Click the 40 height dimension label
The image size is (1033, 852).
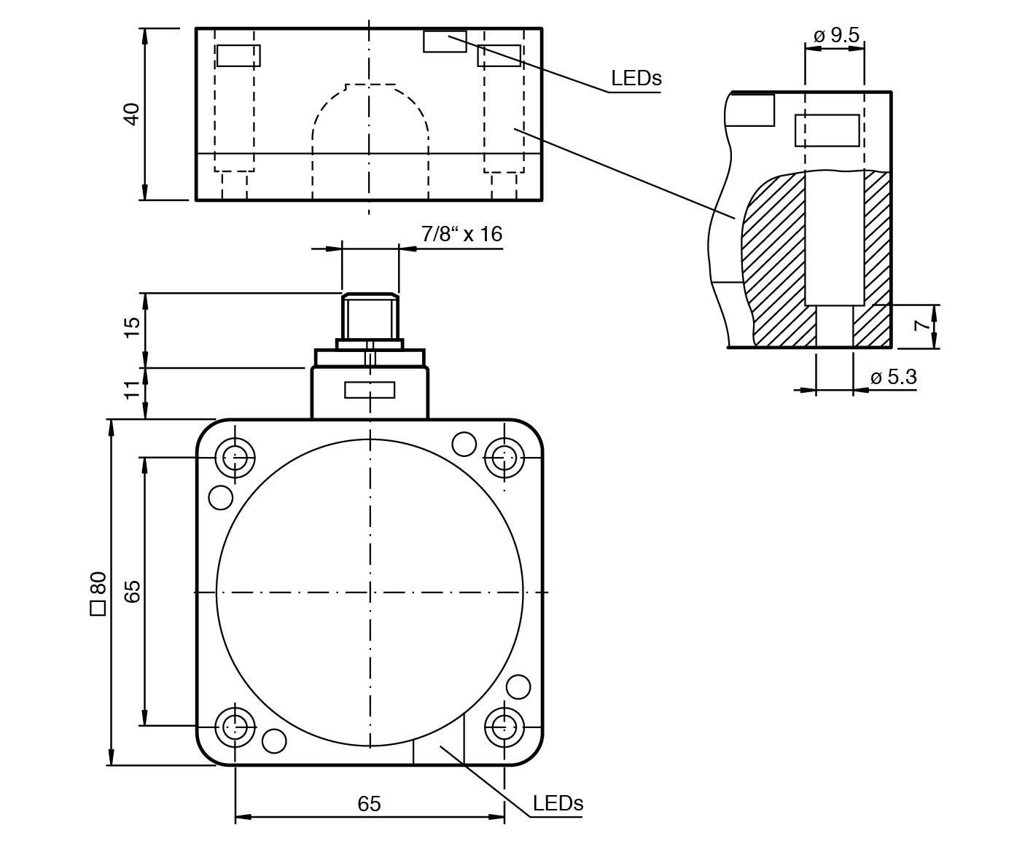132,114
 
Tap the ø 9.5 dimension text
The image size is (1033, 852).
835,35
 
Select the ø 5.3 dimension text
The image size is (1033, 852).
893,377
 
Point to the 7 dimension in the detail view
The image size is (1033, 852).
923,325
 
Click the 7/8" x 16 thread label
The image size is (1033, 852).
461,233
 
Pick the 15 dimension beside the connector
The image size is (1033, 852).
132,328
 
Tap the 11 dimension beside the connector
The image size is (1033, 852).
132,389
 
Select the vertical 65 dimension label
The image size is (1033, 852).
132,591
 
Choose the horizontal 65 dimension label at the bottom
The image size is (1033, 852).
369,803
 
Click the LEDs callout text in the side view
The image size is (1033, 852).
636,78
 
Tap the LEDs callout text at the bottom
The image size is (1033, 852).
558,803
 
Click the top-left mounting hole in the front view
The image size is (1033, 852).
235,458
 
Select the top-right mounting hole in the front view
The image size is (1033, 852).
504,458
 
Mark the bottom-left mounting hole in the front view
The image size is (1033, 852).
235,726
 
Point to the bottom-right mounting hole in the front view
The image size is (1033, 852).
504,726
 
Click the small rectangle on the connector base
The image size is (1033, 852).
370,390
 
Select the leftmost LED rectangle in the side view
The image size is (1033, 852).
238,55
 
